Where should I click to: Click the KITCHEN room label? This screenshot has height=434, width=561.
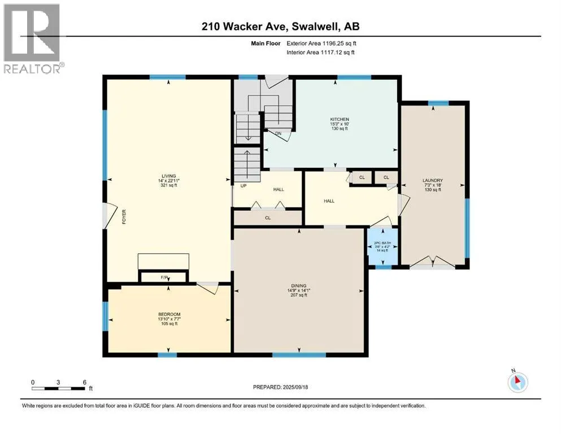pyautogui.click(x=340, y=119)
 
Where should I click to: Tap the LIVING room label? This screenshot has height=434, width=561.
pyautogui.click(x=168, y=176)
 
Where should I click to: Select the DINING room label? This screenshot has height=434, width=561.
pyautogui.click(x=299, y=286)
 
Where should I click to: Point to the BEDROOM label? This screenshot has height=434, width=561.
pyautogui.click(x=169, y=315)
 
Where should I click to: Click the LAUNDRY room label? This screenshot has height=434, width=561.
pyautogui.click(x=433, y=181)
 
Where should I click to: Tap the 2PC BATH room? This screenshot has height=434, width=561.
pyautogui.click(x=383, y=247)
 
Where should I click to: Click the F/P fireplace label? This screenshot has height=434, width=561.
pyautogui.click(x=164, y=277)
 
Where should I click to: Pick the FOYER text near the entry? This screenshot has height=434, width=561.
pyautogui.click(x=124, y=217)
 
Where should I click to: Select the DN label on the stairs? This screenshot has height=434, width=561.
pyautogui.click(x=279, y=133)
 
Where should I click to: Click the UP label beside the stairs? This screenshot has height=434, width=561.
pyautogui.click(x=243, y=186)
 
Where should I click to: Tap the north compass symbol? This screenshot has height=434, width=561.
pyautogui.click(x=517, y=382)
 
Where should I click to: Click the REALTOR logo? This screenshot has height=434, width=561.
pyautogui.click(x=32, y=38)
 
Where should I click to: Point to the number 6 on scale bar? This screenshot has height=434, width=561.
pyautogui.click(x=85, y=382)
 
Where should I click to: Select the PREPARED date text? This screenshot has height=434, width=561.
pyautogui.click(x=280, y=387)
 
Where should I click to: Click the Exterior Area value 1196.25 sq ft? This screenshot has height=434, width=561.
pyautogui.click(x=340, y=44)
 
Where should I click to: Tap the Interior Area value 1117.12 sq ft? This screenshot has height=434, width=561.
pyautogui.click(x=338, y=52)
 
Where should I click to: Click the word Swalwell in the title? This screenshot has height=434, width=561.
pyautogui.click(x=316, y=27)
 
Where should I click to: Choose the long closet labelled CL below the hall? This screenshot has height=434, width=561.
pyautogui.click(x=268, y=218)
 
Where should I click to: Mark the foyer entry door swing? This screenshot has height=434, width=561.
pyautogui.click(x=110, y=216)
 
